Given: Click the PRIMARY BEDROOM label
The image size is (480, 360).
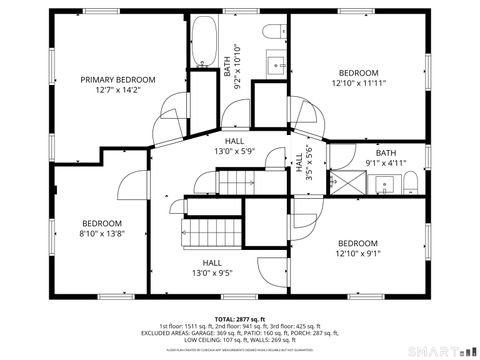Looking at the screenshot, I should tap(118, 79).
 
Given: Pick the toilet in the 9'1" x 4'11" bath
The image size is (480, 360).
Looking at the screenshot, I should tap(410, 181).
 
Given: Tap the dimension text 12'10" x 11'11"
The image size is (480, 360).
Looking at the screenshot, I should tap(358, 84).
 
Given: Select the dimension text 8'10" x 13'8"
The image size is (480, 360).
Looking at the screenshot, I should tap(101, 233).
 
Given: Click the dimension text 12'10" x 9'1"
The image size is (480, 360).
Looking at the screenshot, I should tap(357, 254).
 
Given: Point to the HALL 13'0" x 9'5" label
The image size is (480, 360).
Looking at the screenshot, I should tap(211, 267).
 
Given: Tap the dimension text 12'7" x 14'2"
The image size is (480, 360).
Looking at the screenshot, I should tap(118, 90).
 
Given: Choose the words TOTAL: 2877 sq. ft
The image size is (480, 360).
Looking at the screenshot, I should tap(240, 317).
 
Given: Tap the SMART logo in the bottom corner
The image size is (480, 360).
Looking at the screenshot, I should tap(441, 350).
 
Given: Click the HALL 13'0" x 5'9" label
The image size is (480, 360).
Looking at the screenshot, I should tap(234, 146).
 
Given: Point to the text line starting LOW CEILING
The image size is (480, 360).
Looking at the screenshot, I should tap(240, 339).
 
